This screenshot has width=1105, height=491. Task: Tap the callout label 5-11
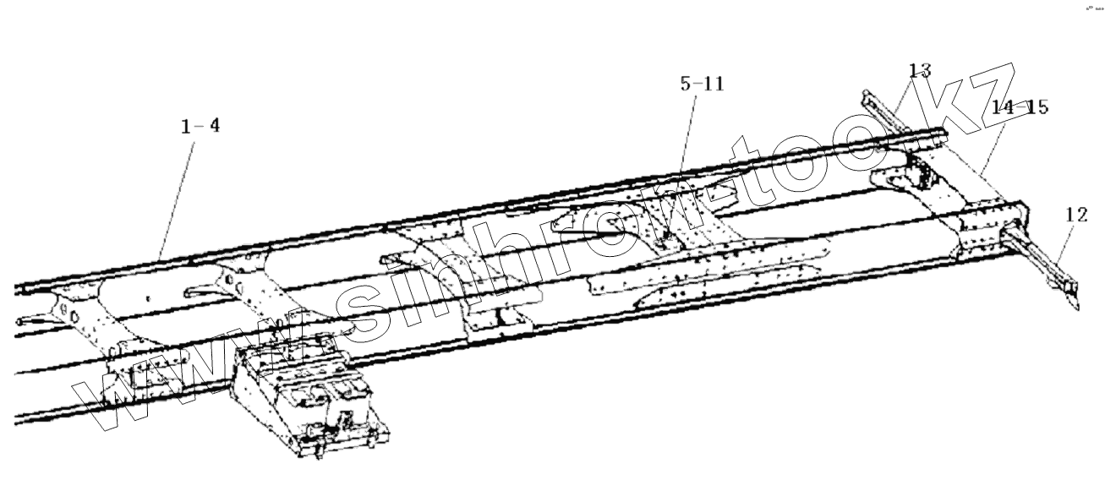click(702, 85)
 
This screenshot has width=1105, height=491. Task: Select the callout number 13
click(920, 71)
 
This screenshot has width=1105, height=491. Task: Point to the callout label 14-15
click(1020, 108)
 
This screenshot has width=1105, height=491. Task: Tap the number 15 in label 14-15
click(1037, 108)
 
